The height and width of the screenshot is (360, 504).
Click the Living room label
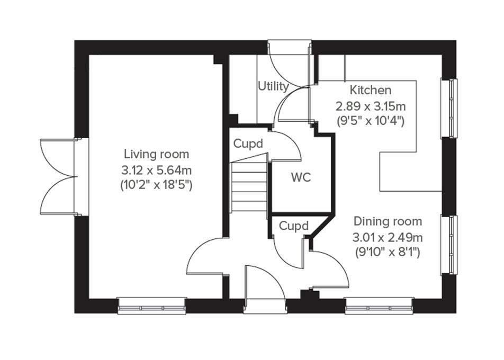pos(156,154)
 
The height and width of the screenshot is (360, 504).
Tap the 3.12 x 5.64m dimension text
pos(156,170)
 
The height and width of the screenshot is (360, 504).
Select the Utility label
pos(273,86)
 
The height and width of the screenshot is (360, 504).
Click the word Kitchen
pos(371,90)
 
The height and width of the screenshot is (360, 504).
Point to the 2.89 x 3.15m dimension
pos(371,105)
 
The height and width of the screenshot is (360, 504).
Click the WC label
pos(301,177)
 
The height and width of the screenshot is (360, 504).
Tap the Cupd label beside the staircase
pos(248,143)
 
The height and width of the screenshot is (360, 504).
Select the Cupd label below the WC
pos(293,226)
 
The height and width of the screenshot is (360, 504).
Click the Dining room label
pos(388,221)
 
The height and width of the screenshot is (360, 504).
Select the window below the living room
pos(152,305)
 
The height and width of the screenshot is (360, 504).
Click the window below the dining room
pos(379,305)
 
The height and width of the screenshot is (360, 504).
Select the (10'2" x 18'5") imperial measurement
pos(156,185)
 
